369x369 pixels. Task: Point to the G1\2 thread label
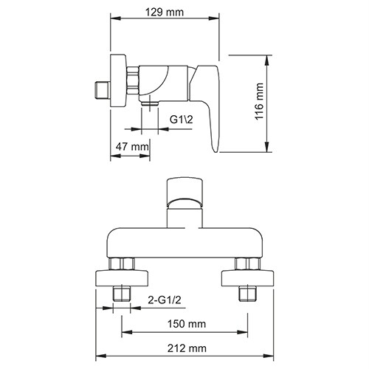click(183, 119)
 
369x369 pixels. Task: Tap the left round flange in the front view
click(123, 278)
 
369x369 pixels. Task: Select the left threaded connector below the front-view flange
click(123, 295)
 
